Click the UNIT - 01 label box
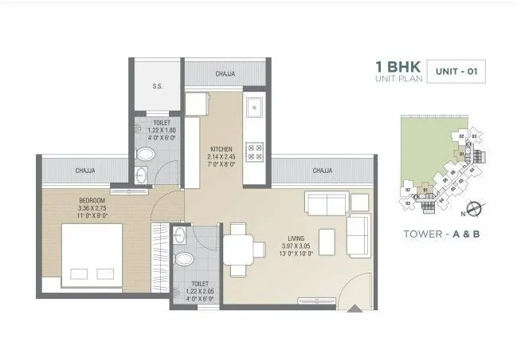tap(456, 72)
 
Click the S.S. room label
tap(158, 87)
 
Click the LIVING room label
tap(299, 237)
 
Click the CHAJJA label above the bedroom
tap(86, 170)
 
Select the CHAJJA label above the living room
tap(322, 171)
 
